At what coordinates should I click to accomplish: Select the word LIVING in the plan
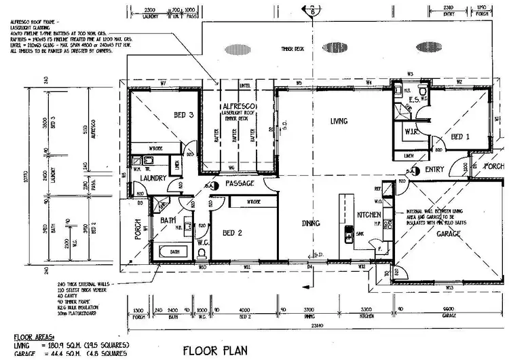[339, 122]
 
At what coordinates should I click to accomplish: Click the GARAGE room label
[449, 234]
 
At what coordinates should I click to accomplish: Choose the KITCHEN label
[369, 215]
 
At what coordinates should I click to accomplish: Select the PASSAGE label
[240, 183]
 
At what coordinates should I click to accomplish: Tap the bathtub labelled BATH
[174, 251]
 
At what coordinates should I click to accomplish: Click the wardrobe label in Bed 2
[254, 202]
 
